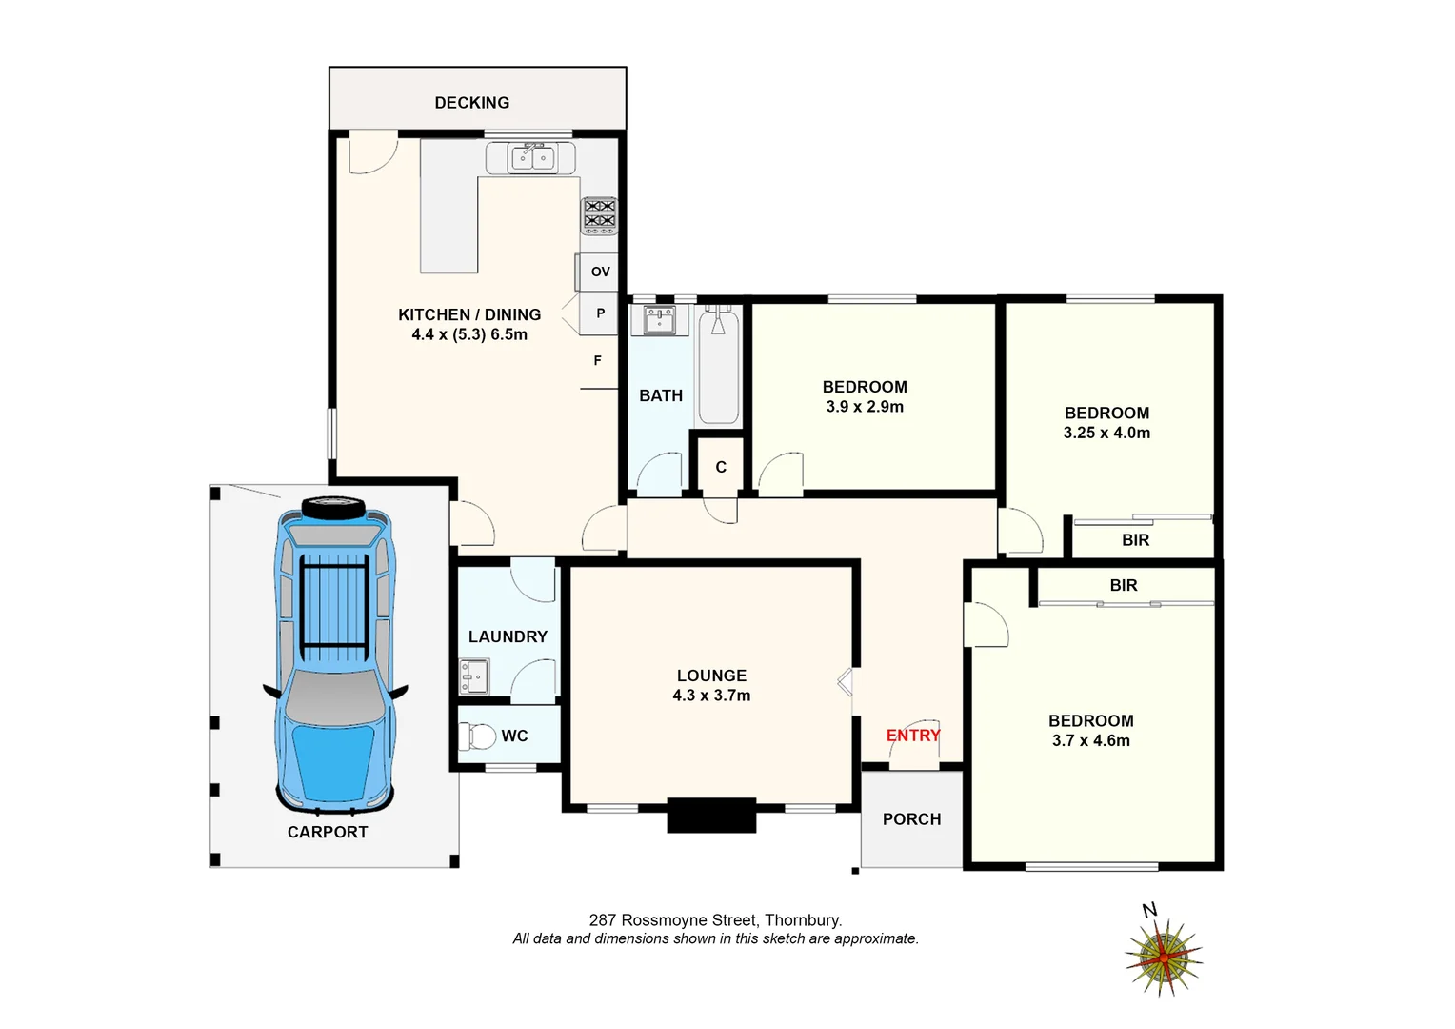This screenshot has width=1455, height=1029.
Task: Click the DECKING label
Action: pyautogui.click(x=471, y=103)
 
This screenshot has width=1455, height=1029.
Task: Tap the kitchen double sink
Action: pyautogui.click(x=532, y=158)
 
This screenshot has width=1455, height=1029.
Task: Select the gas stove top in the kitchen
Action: pyautogui.click(x=599, y=216)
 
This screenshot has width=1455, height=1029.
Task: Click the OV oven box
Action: pyautogui.click(x=598, y=272)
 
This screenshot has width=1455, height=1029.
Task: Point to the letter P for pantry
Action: pyautogui.click(x=601, y=313)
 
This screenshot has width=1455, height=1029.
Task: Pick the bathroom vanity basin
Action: pyautogui.click(x=659, y=320)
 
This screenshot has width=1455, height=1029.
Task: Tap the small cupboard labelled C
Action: pyautogui.click(x=720, y=467)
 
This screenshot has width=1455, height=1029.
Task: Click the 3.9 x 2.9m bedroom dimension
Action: pyautogui.click(x=865, y=407)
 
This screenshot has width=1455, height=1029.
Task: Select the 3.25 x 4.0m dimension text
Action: pyautogui.click(x=1106, y=433)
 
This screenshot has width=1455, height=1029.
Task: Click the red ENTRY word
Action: pyautogui.click(x=913, y=736)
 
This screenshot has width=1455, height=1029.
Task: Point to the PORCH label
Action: pyautogui.click(x=911, y=819)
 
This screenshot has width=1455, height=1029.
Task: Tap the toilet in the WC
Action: pyautogui.click(x=477, y=736)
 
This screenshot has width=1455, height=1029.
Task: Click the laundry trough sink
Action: pyautogui.click(x=473, y=676)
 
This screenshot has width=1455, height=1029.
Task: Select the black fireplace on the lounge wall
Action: pyautogui.click(x=712, y=816)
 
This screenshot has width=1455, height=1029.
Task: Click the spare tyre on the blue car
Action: pyautogui.click(x=332, y=506)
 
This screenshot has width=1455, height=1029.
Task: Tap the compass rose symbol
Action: pyautogui.click(x=1164, y=958)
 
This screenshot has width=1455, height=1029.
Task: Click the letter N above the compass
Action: pyautogui.click(x=1149, y=910)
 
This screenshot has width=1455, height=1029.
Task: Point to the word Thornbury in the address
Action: pyautogui.click(x=803, y=920)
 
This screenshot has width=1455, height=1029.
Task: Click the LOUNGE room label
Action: pyautogui.click(x=711, y=676)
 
